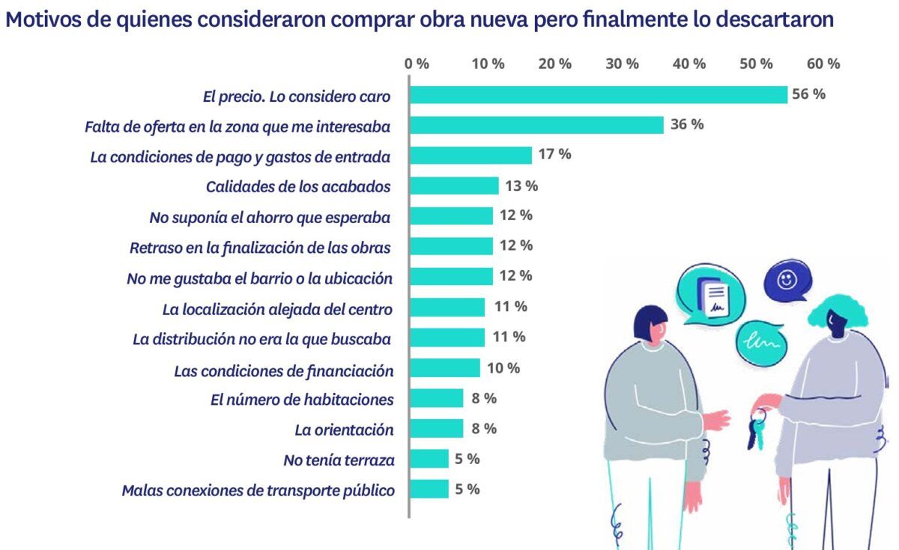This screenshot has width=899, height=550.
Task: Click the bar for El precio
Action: tap(599, 94)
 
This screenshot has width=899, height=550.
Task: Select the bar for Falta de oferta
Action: tap(537, 125)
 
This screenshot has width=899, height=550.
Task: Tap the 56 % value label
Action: tap(808, 94)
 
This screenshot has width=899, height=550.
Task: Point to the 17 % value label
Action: tap(554, 155)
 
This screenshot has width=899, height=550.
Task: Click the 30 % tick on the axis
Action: tap(622, 64)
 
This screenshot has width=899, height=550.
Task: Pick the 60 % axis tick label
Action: tap(823, 64)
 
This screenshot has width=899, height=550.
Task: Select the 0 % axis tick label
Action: tap(417, 64)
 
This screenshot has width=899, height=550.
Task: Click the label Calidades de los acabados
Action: tap(298, 186)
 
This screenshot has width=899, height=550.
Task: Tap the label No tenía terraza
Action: tap(339, 459)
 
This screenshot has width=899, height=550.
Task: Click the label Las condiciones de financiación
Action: tap(283, 370)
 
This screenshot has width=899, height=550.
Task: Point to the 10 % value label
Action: tap(503, 367)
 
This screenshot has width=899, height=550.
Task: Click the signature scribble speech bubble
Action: tap(760, 341)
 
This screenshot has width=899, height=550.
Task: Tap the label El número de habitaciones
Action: tap(302, 400)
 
